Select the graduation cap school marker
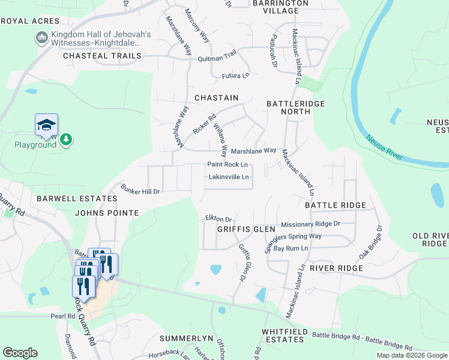point(46,125)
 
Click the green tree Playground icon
point(65,140)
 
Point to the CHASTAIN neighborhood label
point(216,98)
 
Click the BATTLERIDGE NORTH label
point(295,108)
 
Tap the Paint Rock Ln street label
point(228,164)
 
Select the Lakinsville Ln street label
point(229,178)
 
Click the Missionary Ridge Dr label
point(311,224)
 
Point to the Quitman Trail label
point(217,58)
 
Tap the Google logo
point(20,353)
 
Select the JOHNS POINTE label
point(107,213)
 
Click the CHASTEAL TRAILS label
point(102,56)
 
